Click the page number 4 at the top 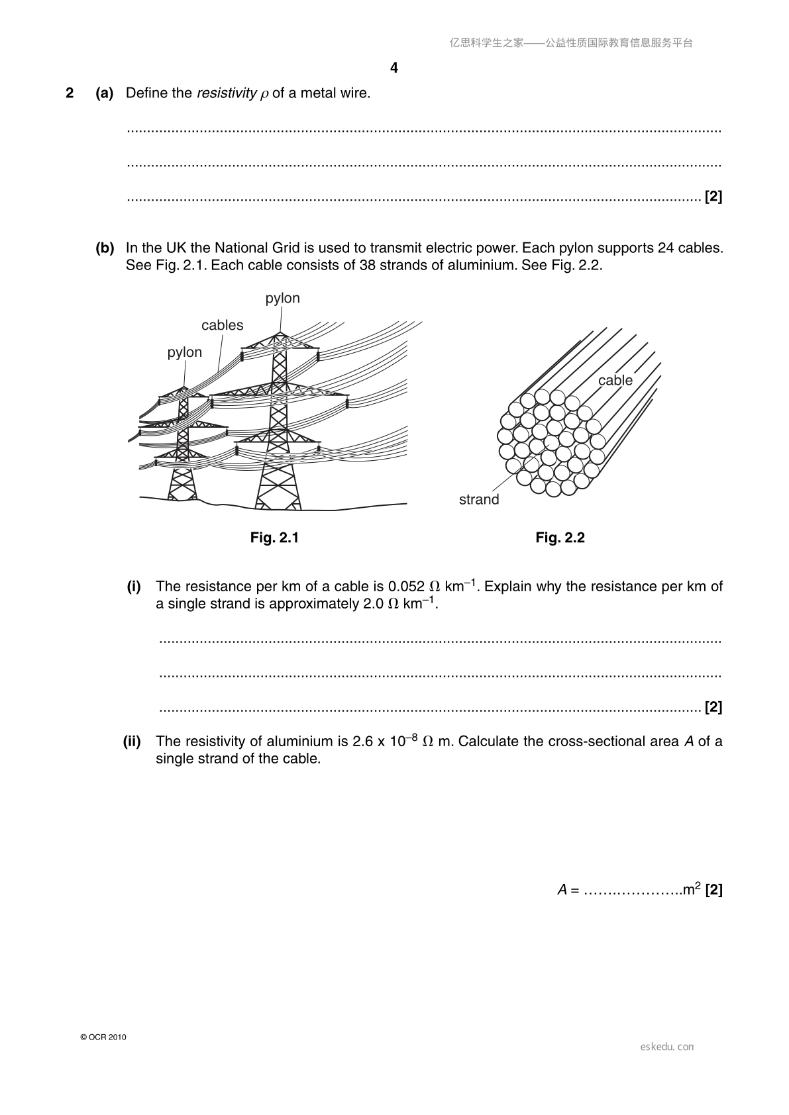(x=394, y=68)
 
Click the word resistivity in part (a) (x=227, y=93)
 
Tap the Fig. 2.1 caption (x=274, y=538)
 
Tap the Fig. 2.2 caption (x=560, y=538)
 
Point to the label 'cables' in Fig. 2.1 (x=222, y=325)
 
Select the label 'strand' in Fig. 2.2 (x=479, y=499)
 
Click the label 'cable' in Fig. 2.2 (x=615, y=380)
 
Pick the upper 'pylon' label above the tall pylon (x=282, y=298)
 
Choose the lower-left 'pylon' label (x=184, y=352)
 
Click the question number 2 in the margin (x=70, y=93)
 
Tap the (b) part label (x=105, y=248)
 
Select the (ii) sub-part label (x=132, y=742)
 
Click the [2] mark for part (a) (x=713, y=197)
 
